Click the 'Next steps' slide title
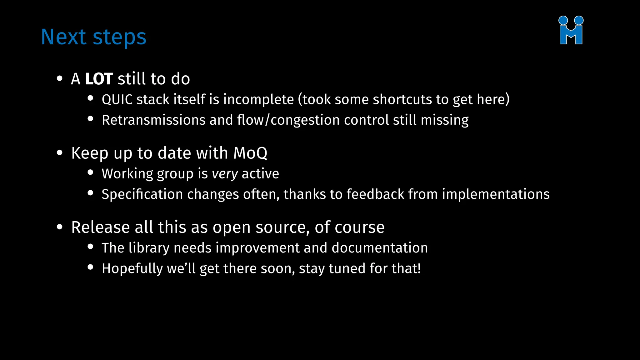click(x=93, y=37)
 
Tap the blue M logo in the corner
click(x=571, y=30)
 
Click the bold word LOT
click(x=99, y=79)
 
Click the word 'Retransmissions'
click(x=153, y=120)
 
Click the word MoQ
click(x=250, y=153)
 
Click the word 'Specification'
click(x=142, y=194)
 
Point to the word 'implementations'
click(x=496, y=194)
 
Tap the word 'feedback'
click(x=375, y=194)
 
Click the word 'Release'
click(x=100, y=227)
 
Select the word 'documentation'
click(x=379, y=248)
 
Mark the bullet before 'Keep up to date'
click(x=60, y=153)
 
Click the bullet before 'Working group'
click(x=91, y=172)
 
